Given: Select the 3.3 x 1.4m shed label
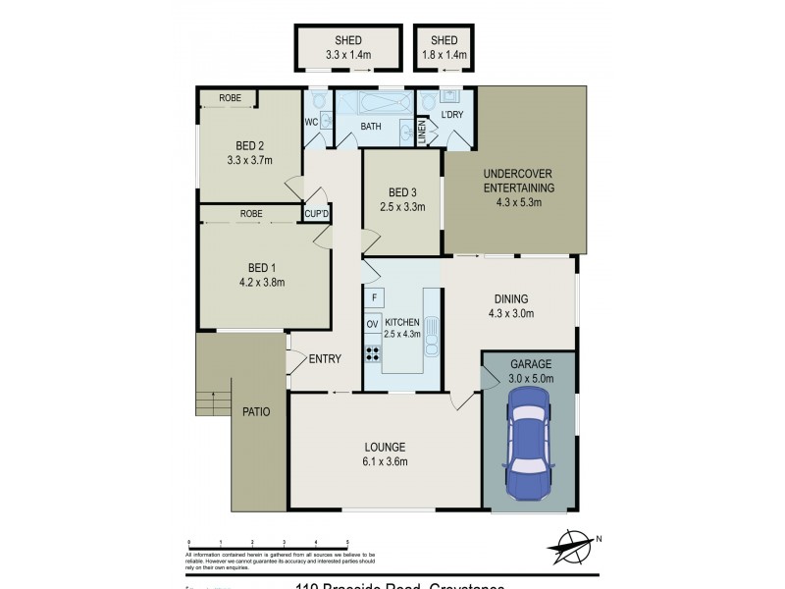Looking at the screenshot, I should tap(348, 55).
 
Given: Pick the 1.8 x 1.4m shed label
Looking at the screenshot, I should tap(444, 55).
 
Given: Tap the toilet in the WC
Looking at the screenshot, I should tap(318, 102).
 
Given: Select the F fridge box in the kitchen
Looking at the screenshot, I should tap(373, 297).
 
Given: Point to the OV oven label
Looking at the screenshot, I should tap(373, 324).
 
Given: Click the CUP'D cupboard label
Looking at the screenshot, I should tap(316, 214).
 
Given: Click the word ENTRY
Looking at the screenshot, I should tap(325, 359).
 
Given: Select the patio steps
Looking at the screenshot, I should tap(209, 402).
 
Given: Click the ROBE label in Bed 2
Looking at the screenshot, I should tap(230, 98).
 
